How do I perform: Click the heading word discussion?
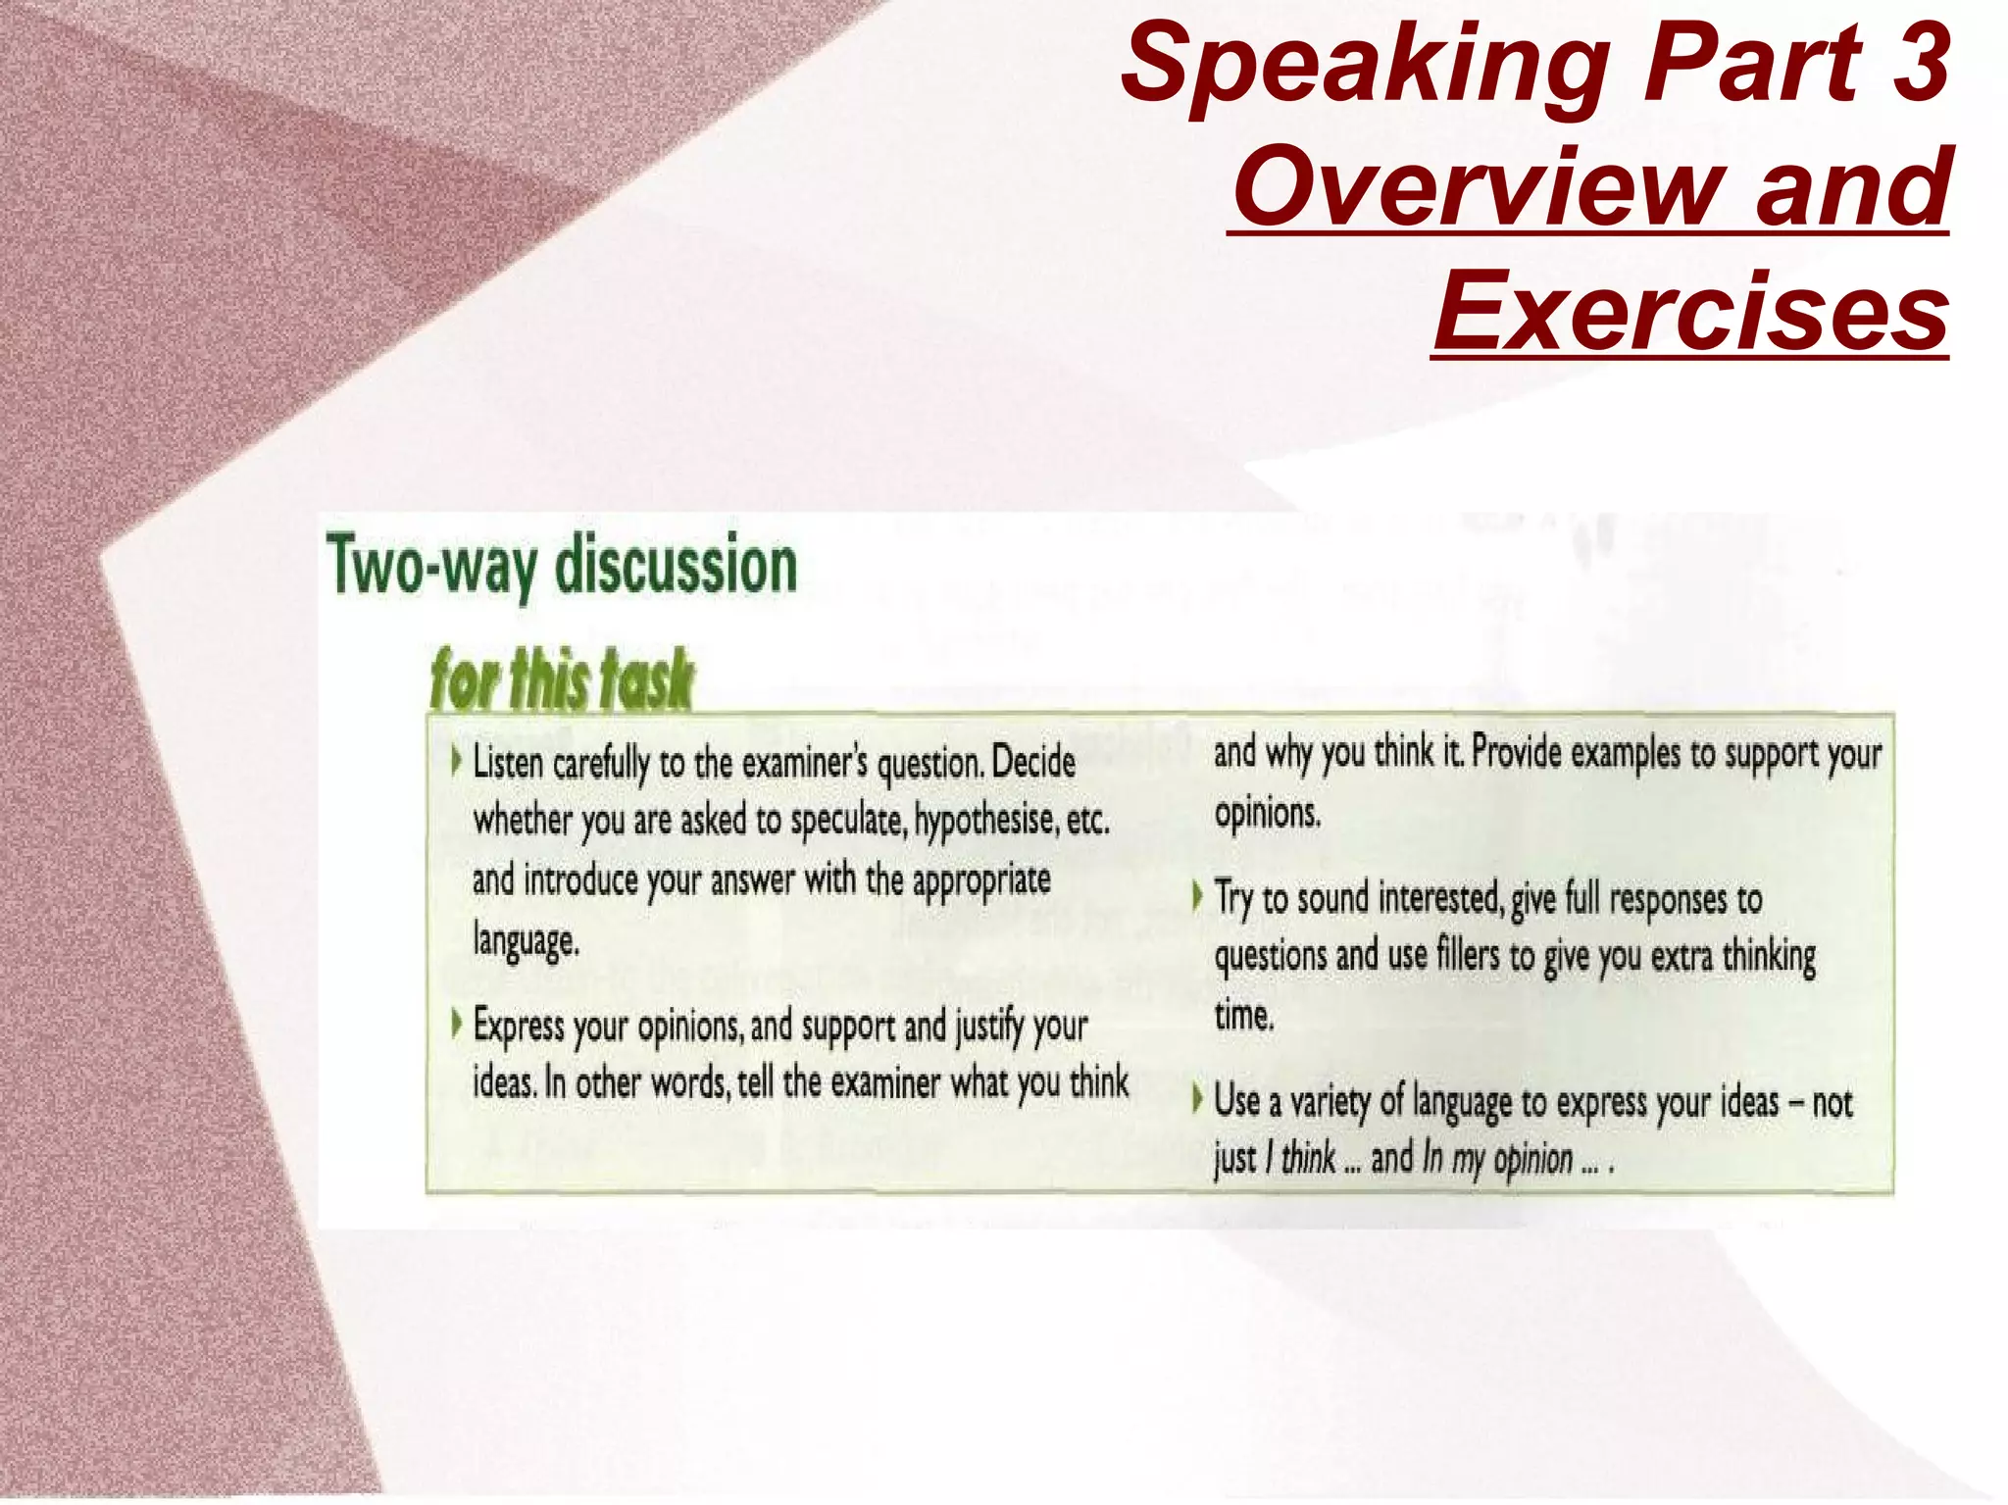click(677, 566)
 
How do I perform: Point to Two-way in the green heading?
click(432, 566)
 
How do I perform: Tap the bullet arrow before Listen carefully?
click(456, 760)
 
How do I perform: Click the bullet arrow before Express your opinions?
click(456, 1024)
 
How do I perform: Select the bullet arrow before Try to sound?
click(1197, 895)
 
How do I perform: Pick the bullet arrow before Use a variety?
click(1197, 1098)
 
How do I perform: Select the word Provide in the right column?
click(1516, 752)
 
